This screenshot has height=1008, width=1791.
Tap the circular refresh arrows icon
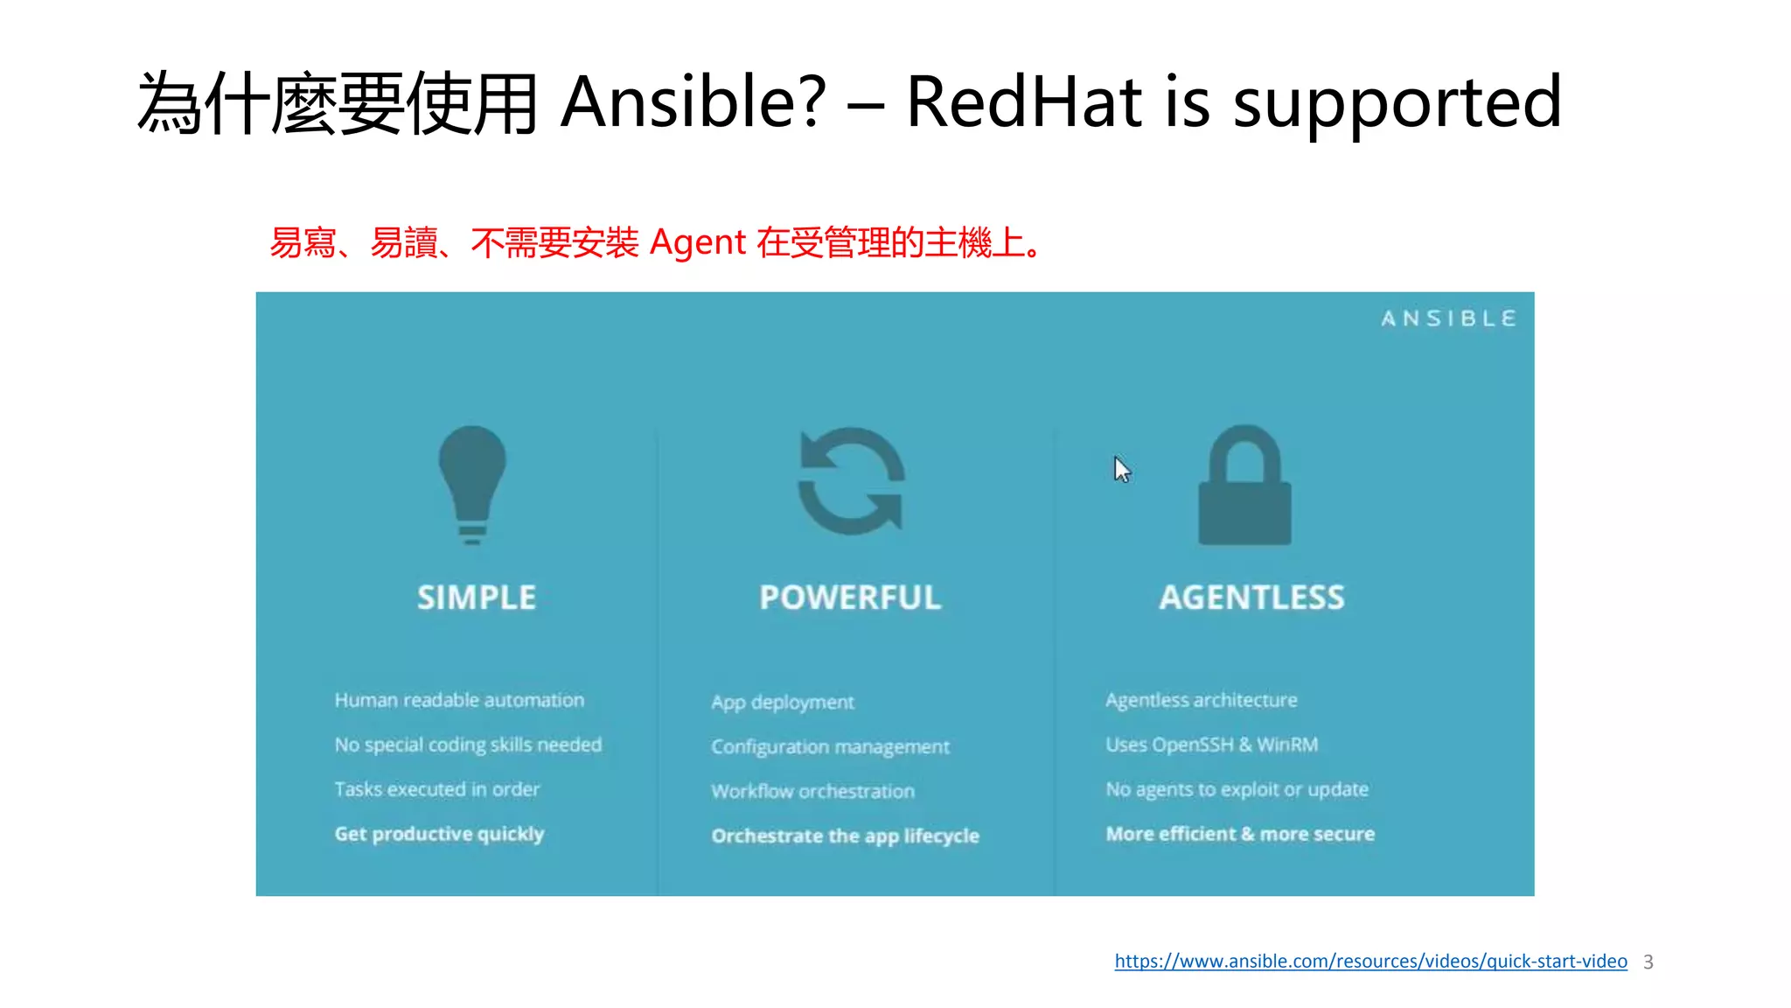[851, 481]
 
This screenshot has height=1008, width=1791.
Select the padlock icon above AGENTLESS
[1244, 486]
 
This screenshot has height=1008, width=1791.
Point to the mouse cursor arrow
[1122, 470]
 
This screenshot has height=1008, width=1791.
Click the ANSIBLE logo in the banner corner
[1448, 318]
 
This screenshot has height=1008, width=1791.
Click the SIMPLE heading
[477, 598]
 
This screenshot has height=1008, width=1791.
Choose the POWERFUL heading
[850, 598]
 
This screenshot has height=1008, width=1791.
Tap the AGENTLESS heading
[1251, 598]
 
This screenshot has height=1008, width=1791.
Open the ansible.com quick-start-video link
[1370, 961]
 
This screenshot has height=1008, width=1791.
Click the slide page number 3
[1648, 962]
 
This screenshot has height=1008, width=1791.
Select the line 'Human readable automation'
[459, 700]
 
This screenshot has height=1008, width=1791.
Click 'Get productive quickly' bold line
[439, 834]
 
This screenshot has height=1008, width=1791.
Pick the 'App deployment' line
[783, 702]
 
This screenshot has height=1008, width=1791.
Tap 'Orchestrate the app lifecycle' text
[845, 836]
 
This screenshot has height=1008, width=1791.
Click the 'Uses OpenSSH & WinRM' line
[1211, 745]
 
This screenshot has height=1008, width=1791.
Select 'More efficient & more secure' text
[1240, 834]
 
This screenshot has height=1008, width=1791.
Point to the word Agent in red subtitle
[698, 242]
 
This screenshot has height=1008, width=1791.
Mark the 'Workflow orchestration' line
[812, 791]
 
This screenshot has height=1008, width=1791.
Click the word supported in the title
[1397, 103]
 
